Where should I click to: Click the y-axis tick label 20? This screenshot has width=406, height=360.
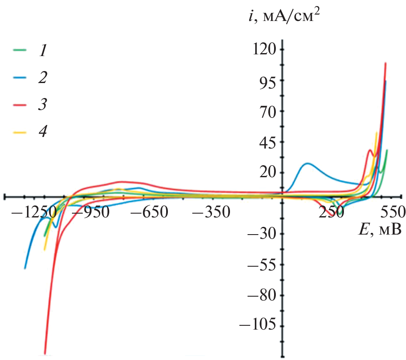point(266,173)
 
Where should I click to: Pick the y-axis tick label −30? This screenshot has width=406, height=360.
point(262,234)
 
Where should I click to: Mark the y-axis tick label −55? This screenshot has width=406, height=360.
point(262,265)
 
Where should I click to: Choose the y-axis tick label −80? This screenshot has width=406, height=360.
point(262,295)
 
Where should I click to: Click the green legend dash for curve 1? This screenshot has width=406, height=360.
point(19,51)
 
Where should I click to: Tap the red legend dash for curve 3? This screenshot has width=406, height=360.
point(19,104)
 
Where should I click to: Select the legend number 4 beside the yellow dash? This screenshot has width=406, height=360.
point(42,131)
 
